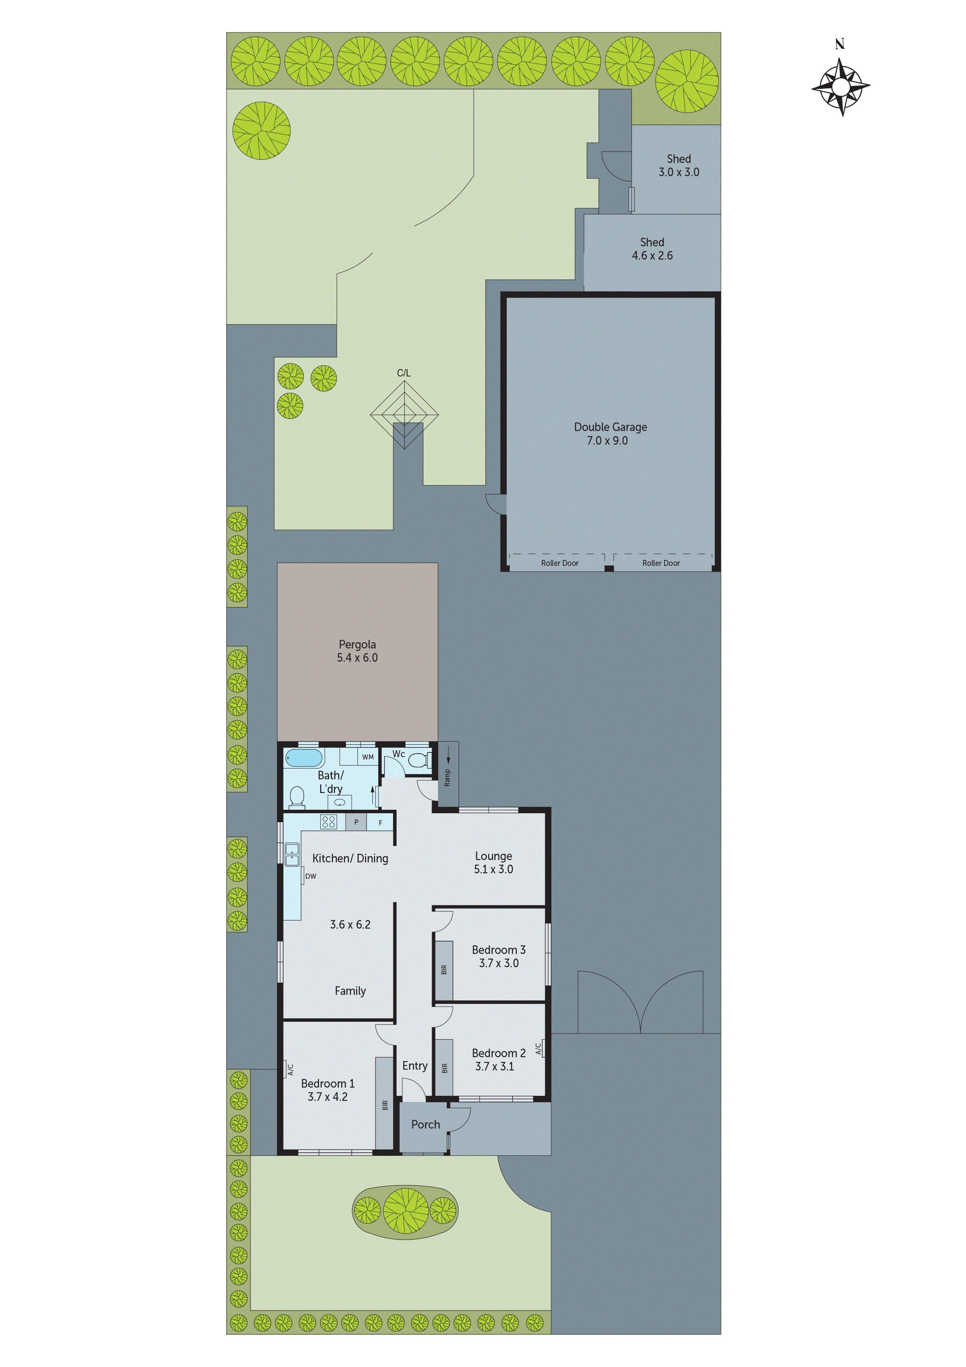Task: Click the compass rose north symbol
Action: [841, 87]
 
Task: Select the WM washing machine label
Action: [368, 757]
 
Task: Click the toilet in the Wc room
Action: [418, 760]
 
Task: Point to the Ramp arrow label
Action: [448, 774]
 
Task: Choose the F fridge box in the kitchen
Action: [380, 823]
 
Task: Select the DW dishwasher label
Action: [311, 876]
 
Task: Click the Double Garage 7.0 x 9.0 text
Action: [610, 433]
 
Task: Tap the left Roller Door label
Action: [559, 563]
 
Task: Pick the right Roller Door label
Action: [661, 563]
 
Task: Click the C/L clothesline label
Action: [404, 373]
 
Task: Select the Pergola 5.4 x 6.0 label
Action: [357, 651]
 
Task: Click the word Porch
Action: [426, 1125]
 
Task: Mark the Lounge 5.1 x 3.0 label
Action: [494, 862]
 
